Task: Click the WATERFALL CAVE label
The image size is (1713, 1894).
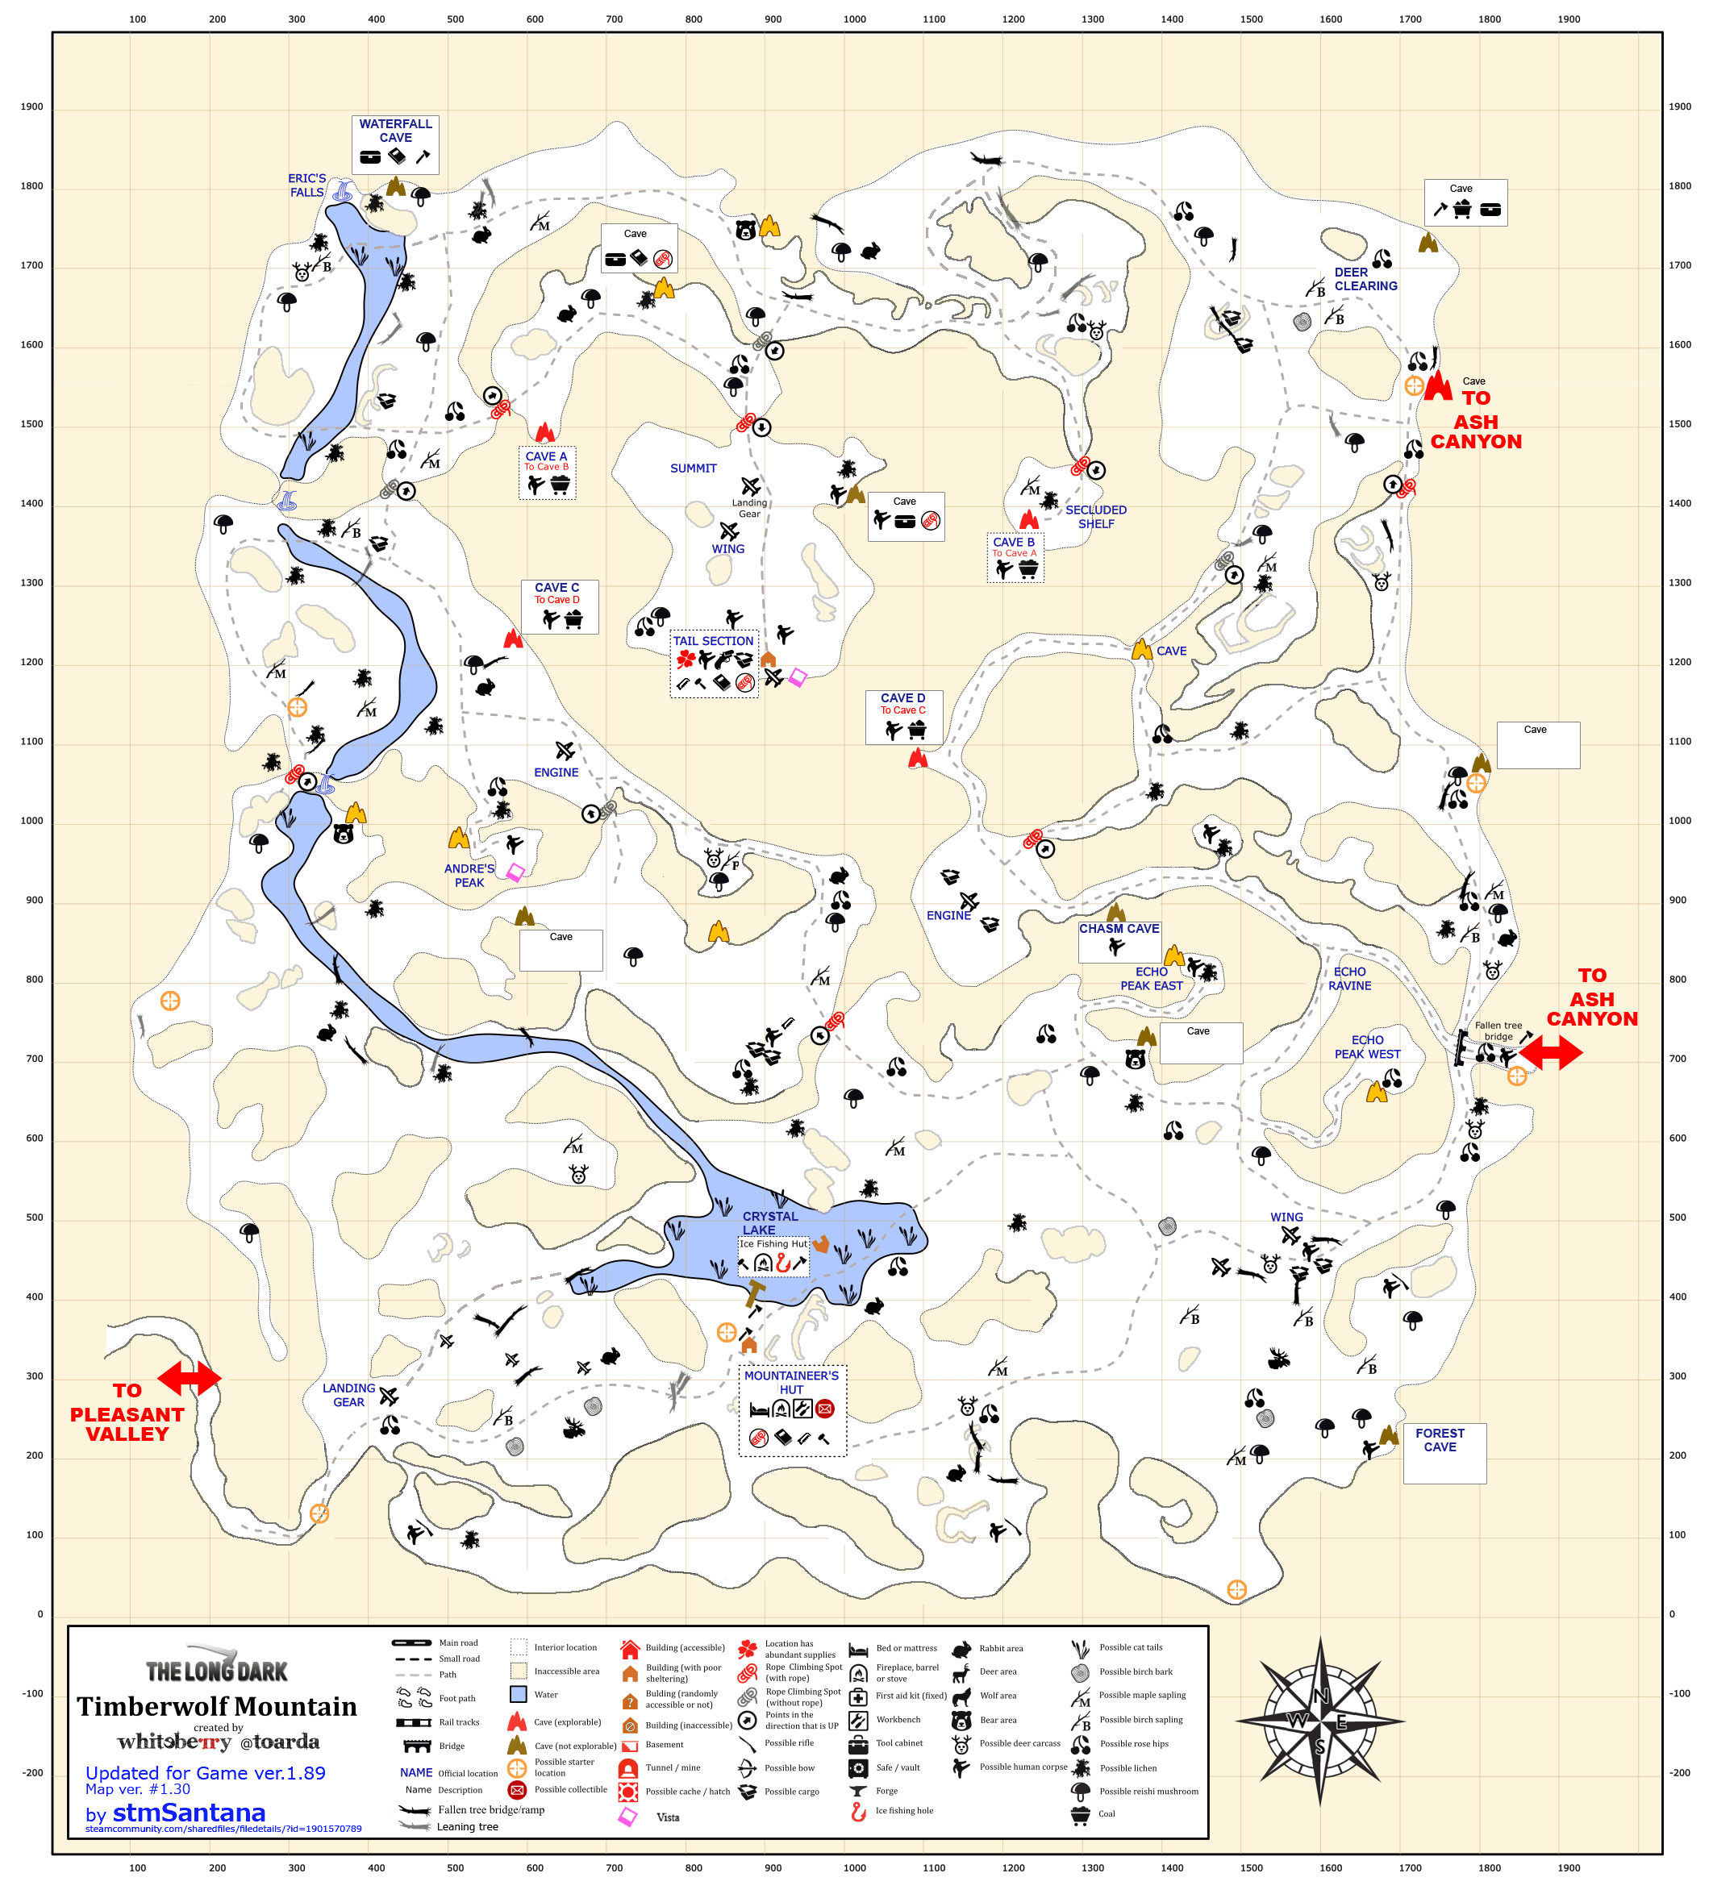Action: point(396,131)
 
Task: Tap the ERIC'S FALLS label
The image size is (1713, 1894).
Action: point(306,185)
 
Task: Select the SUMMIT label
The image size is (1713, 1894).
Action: point(694,468)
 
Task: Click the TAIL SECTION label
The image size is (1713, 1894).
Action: point(713,641)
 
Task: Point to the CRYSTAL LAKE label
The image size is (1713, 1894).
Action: point(769,1222)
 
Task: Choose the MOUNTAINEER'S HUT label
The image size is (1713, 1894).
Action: point(791,1382)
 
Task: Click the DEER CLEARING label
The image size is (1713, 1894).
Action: point(1365,279)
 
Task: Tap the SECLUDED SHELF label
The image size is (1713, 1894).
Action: point(1096,517)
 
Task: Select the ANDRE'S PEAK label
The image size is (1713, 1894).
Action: point(469,875)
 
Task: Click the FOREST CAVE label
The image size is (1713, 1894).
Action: point(1440,1439)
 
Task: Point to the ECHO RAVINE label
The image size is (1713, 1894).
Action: point(1349,978)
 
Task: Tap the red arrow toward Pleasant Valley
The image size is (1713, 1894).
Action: point(189,1378)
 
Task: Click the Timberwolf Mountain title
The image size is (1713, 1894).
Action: point(217,1706)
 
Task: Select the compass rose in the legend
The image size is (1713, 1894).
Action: point(1319,1721)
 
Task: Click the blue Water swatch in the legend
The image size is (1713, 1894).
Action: point(518,1694)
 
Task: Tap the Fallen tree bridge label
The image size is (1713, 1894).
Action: point(1498,1030)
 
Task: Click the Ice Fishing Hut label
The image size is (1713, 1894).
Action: point(773,1243)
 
